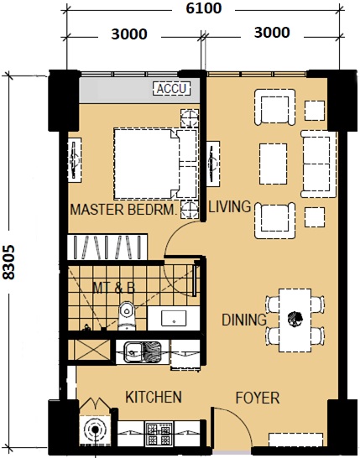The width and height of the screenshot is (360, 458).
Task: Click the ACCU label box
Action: pos(172,89)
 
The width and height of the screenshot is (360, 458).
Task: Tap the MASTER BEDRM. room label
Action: pos(124,210)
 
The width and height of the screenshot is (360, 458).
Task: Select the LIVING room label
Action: pos(230,206)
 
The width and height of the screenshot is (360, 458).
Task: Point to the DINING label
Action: pos(244,320)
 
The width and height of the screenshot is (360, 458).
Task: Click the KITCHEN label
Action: pos(154,397)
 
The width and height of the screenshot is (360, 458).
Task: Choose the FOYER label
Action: pos(258,398)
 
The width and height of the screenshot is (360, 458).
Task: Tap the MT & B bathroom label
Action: pos(113,288)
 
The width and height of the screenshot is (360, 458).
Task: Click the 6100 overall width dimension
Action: pos(204,8)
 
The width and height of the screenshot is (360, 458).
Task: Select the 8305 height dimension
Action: pos(8,262)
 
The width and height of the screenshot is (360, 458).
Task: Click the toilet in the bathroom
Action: pos(127,315)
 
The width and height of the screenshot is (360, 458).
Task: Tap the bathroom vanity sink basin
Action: pos(174,319)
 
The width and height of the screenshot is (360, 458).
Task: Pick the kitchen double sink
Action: pos(143,352)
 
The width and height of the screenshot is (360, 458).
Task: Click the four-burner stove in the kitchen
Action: pos(159,434)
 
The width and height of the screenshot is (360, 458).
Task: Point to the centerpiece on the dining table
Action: pos(295,319)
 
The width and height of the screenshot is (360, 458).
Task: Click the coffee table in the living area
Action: pos(274,164)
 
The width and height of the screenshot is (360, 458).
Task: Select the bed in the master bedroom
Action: pos(156,164)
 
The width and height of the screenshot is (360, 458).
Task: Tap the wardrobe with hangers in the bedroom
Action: pos(107,247)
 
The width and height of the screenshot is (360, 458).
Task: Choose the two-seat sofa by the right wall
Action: pos(319,164)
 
